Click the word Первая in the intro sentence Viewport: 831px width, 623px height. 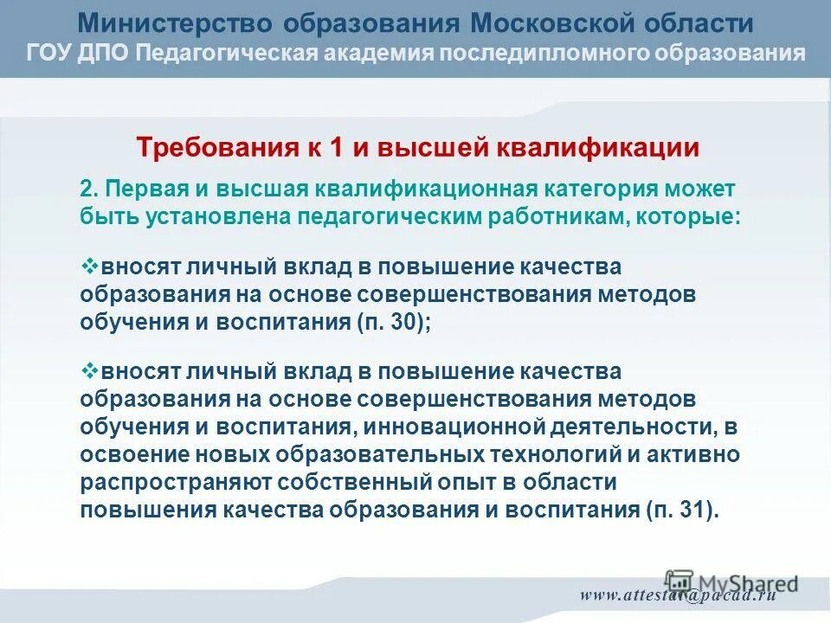143,189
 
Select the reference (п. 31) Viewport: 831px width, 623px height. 681,510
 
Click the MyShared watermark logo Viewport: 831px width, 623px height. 731,582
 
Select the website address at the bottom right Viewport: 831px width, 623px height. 678,595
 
